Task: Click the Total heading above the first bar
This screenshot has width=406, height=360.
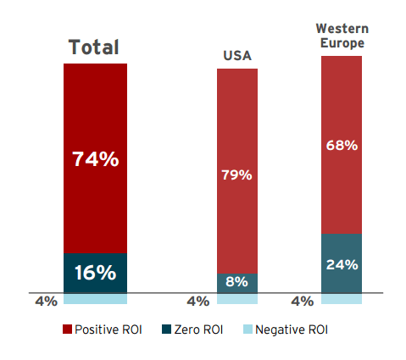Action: point(94,47)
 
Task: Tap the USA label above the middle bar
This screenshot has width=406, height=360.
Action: point(237,57)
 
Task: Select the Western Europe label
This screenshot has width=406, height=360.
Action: point(342,36)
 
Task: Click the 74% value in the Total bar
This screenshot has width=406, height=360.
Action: point(95,158)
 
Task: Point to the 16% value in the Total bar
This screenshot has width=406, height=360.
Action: point(95,273)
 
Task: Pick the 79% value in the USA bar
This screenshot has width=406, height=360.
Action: point(237,175)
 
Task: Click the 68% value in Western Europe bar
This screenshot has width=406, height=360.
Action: point(342,146)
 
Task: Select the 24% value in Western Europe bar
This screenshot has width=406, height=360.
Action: point(342,263)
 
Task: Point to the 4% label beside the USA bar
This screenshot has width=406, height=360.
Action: point(197,301)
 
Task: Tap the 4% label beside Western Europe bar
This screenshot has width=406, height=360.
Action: point(302,301)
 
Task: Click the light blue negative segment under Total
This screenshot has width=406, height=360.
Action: point(95,298)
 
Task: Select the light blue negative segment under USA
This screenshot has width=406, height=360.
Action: point(237,298)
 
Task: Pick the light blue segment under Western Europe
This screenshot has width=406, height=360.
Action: point(342,298)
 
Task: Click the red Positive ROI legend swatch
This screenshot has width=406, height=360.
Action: point(67,330)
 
